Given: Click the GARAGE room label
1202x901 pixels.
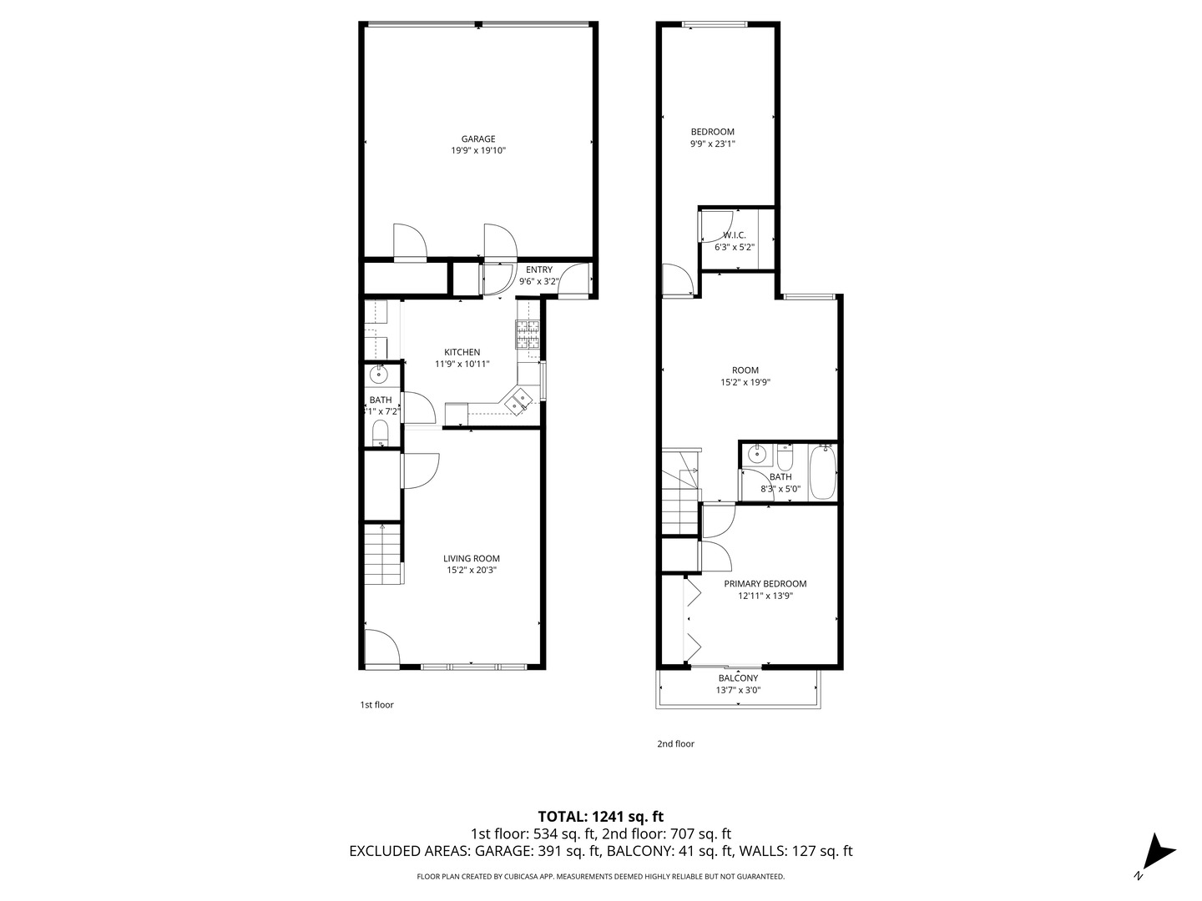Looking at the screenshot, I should click(x=478, y=139).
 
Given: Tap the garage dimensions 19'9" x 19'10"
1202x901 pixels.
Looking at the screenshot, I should click(x=478, y=151).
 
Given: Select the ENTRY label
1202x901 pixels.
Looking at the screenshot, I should click(x=539, y=269).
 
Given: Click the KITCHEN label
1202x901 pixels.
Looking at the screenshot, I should click(x=462, y=352).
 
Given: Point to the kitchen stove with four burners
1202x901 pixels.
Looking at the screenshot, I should click(x=528, y=335).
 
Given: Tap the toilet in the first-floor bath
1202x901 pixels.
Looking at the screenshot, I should click(x=380, y=431).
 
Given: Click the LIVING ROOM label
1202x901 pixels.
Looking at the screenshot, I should click(x=472, y=559).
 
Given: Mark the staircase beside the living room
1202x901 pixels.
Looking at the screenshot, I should click(x=383, y=554).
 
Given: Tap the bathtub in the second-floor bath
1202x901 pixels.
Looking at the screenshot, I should click(x=821, y=471).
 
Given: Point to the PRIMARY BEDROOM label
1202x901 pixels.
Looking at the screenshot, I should click(x=765, y=584).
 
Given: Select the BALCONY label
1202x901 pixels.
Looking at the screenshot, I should click(x=738, y=678).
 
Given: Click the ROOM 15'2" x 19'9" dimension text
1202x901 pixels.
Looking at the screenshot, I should click(x=745, y=383).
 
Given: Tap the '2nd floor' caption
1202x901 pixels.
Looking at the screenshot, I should click(x=675, y=744).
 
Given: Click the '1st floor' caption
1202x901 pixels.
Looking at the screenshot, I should click(x=376, y=705).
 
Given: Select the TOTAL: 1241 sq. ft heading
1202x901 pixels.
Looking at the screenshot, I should click(x=600, y=816).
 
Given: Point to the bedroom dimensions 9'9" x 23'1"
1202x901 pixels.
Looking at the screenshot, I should click(x=712, y=143).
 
